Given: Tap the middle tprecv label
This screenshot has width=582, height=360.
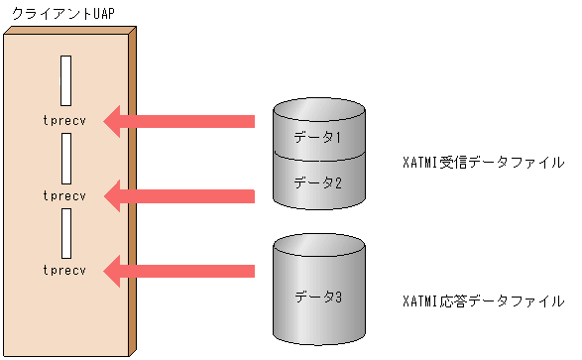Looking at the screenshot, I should coord(65,195).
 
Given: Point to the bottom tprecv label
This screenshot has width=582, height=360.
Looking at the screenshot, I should coord(65,269).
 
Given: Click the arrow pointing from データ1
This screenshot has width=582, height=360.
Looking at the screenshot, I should coord(179,122).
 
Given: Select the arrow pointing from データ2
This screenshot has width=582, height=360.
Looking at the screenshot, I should coord(179,195).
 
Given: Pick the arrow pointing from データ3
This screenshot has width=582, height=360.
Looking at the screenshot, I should coord(179,269).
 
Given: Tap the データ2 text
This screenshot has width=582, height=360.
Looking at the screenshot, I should coord(318,181).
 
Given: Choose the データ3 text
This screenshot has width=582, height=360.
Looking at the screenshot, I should coord(318,296).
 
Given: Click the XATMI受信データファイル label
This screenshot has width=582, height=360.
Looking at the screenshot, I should coord(485,162).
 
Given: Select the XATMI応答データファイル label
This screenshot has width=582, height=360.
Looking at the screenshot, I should coord(485,300).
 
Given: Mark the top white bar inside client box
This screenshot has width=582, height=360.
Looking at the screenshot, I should coord(65,80).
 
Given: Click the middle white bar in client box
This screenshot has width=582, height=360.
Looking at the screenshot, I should coord(65,157).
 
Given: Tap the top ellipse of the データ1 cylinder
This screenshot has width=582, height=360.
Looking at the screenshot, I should coord(318,107).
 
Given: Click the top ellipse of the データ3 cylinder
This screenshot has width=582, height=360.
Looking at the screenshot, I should coord(318,244).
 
